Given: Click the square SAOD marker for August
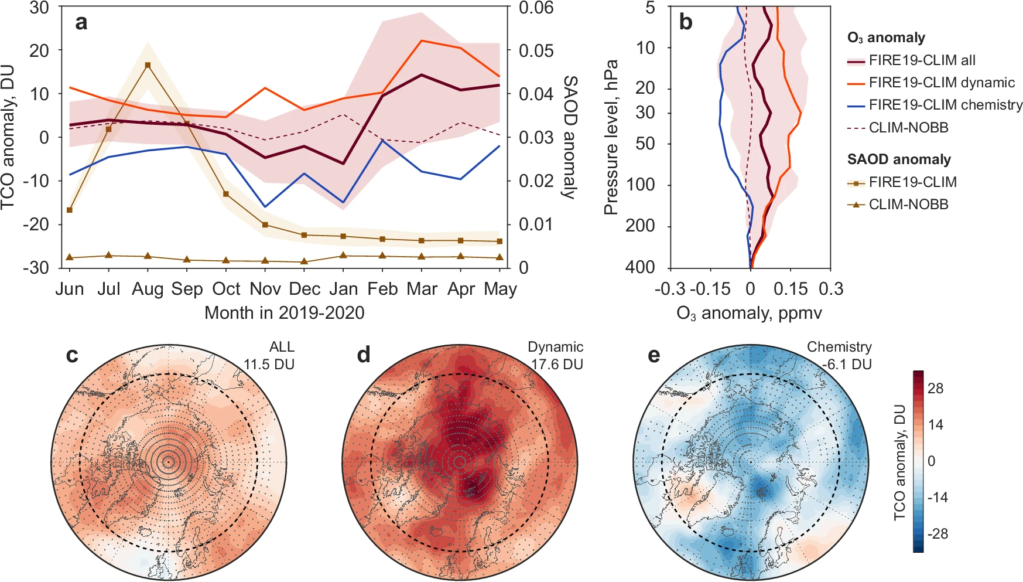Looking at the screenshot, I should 148,65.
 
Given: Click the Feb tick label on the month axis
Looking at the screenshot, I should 382,288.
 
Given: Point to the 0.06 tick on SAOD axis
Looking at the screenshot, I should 536,8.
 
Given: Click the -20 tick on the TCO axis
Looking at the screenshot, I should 39,224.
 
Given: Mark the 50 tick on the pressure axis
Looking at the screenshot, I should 645,144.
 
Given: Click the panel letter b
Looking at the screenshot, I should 685,22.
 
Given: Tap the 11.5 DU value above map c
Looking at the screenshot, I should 269,364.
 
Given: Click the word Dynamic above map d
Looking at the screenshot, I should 555,347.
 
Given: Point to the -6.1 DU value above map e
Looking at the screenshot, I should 847,364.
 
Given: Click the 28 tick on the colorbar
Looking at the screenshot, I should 936,389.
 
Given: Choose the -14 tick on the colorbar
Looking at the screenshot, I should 938,498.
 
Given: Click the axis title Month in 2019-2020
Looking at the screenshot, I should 284,313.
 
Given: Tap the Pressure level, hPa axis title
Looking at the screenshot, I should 611,137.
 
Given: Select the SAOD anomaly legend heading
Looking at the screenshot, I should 899,159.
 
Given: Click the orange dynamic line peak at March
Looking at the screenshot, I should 422,40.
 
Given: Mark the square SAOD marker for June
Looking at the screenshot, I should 70,210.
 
